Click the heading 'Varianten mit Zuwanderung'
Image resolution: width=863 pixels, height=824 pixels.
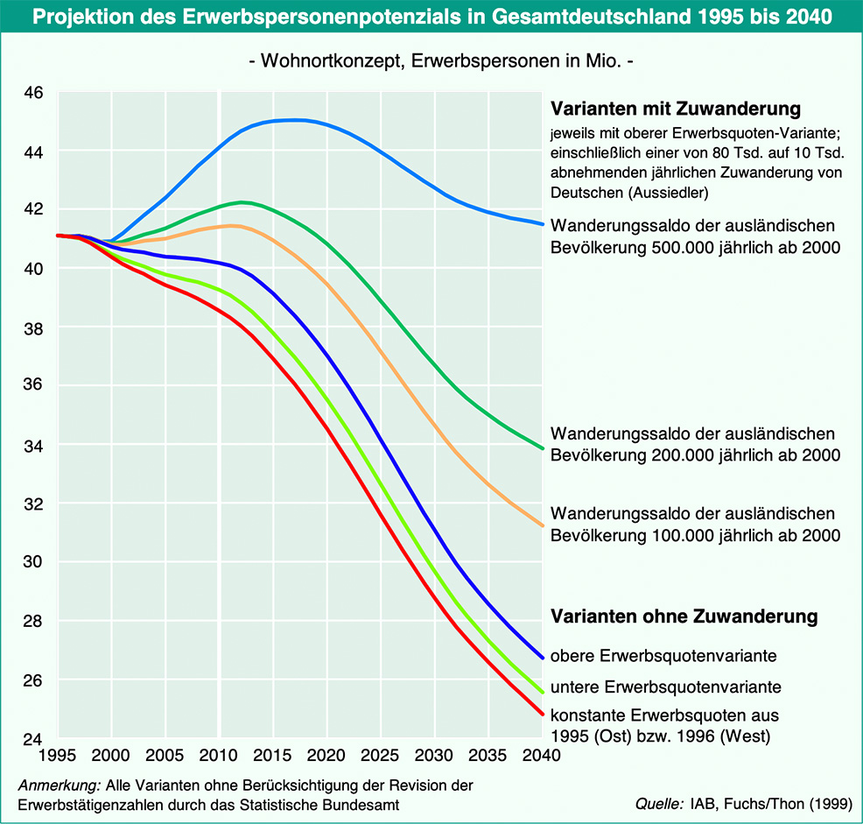pos(676,110)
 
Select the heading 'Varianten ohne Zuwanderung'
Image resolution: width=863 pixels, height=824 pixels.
pos(684,616)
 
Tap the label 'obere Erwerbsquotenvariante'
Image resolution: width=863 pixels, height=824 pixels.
pos(663,655)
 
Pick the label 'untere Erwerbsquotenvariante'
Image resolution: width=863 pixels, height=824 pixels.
pos(665,686)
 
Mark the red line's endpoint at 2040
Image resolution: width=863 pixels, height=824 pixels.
pos(543,715)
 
